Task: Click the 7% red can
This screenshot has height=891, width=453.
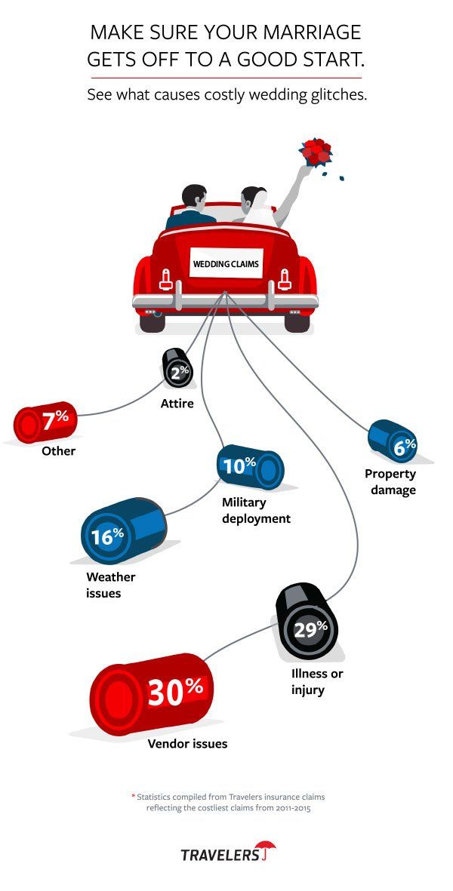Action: tap(46, 421)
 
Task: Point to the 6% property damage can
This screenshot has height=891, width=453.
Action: tap(393, 442)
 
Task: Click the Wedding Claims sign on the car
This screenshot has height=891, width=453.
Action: tap(226, 263)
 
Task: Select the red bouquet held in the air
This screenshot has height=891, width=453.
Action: tap(316, 152)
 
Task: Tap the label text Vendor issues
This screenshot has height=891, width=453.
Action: tap(187, 743)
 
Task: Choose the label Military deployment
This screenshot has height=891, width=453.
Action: tap(256, 510)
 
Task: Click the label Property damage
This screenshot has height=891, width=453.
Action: tap(390, 482)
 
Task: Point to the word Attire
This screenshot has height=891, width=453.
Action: tap(177, 403)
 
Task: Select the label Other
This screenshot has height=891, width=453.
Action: tap(58, 451)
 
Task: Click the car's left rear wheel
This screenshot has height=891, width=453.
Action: tap(152, 321)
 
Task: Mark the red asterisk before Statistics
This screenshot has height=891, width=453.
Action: tap(134, 795)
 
